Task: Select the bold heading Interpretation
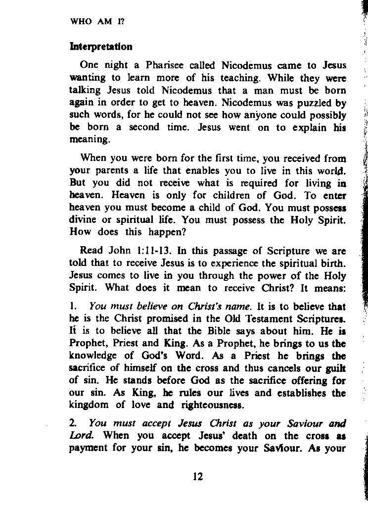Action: coord(101,47)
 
